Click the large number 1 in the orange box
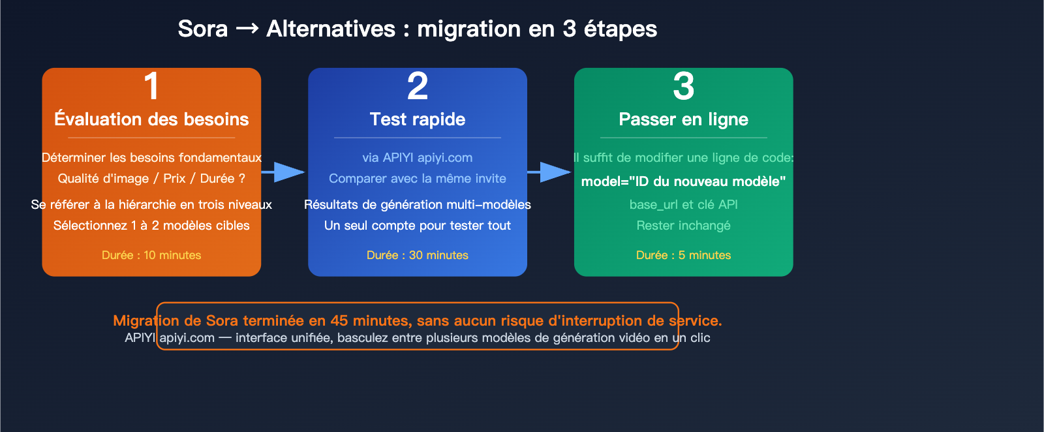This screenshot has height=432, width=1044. [151, 86]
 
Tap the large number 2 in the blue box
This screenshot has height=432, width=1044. [418, 86]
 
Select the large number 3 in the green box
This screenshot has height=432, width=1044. [683, 86]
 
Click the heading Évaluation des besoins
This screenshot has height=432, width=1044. [151, 119]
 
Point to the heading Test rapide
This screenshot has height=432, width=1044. [418, 119]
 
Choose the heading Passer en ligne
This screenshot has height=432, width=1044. [683, 119]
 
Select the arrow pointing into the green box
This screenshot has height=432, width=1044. [550, 172]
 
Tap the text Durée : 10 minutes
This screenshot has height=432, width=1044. [151, 255]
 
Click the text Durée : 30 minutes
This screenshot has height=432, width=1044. [418, 255]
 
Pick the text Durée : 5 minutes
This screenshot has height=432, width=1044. [683, 255]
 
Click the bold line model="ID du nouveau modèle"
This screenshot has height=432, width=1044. [683, 181]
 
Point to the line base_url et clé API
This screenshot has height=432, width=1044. [683, 205]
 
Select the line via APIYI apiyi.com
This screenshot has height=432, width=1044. [418, 158]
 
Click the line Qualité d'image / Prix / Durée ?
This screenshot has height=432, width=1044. [151, 179]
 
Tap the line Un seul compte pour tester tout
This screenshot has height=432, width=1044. [418, 226]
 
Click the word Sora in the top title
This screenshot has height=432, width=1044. [203, 29]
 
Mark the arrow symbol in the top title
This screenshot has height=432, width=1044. [247, 29]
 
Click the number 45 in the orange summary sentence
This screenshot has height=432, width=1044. [339, 320]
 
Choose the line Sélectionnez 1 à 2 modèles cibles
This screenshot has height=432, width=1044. [151, 226]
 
